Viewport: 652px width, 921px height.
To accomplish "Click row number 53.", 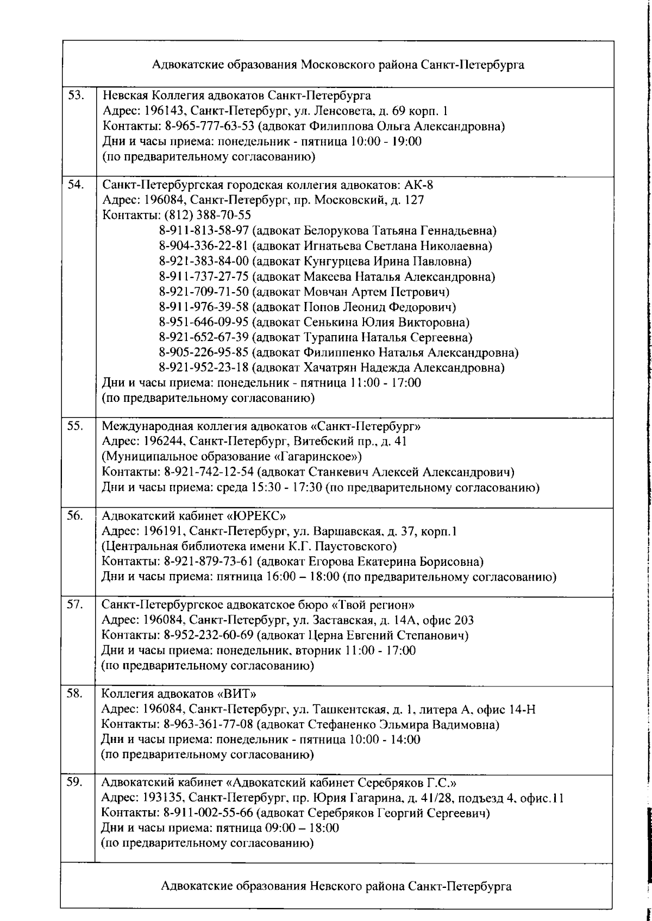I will point(75,96).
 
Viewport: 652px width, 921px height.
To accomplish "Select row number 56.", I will point(75,515).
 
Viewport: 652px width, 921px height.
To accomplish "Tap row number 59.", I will point(75,783).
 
